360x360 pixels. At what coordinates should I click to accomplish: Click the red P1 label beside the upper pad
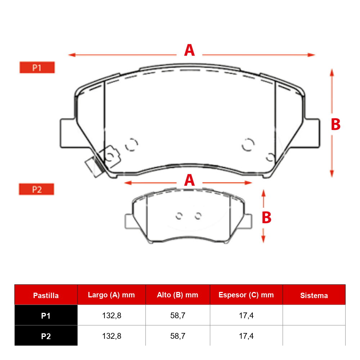[x=37, y=68]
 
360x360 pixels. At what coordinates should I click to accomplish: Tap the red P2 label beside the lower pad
[x=36, y=189]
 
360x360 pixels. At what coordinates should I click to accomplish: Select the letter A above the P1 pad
[x=189, y=50]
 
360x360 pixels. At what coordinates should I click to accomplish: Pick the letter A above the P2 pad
[x=189, y=180]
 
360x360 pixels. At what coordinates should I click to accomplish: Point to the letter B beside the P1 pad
[x=336, y=124]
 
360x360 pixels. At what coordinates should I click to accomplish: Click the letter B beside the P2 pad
[x=266, y=217]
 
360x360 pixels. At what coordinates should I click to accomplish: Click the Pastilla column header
[x=46, y=296]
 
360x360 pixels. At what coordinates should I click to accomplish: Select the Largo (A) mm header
[x=111, y=295]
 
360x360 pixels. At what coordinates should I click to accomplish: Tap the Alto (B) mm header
[x=177, y=295]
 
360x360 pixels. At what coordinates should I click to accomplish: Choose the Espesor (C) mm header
[x=246, y=295]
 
